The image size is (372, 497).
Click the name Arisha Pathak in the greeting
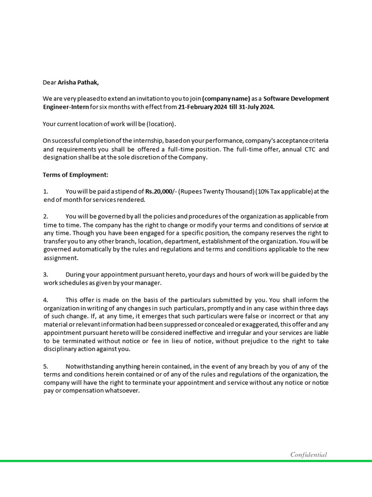78,82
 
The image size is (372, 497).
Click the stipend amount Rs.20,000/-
161,191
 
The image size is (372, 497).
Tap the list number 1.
45,191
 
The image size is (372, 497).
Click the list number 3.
45,275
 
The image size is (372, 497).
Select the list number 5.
45,366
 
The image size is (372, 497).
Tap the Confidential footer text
309,455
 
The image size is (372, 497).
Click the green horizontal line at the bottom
186,461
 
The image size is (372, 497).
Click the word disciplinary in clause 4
60,349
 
